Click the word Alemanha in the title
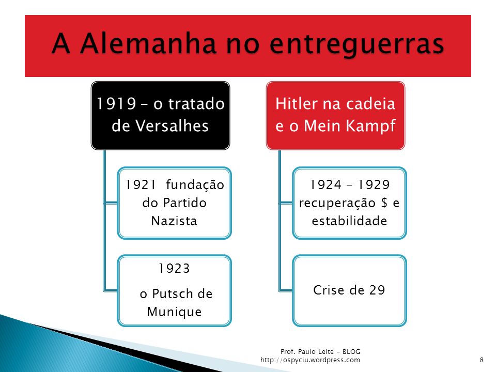(x=148, y=43)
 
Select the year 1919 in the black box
(x=116, y=104)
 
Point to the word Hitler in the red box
(x=296, y=103)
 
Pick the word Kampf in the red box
(x=370, y=126)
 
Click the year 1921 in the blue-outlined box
(x=141, y=185)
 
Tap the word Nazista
(x=174, y=221)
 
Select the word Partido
(x=185, y=203)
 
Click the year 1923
(x=174, y=269)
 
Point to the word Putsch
(x=173, y=294)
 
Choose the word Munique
(x=174, y=312)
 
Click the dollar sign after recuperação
(x=384, y=203)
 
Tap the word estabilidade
(x=350, y=221)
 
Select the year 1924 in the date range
(x=326, y=185)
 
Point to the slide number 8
(x=482, y=360)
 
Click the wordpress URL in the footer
(x=311, y=360)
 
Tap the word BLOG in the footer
(x=351, y=351)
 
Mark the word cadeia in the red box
(x=375, y=103)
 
